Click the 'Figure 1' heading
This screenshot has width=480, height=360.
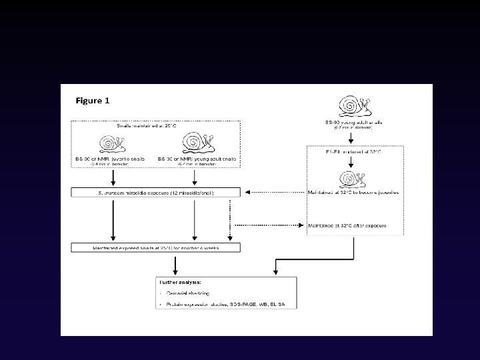coord(93,101)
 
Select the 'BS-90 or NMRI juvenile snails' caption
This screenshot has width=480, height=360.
coord(114,158)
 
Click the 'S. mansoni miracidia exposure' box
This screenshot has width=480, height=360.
coord(156,193)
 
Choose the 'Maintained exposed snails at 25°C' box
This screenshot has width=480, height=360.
coord(156,248)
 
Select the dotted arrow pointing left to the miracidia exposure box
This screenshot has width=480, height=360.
coord(273,193)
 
